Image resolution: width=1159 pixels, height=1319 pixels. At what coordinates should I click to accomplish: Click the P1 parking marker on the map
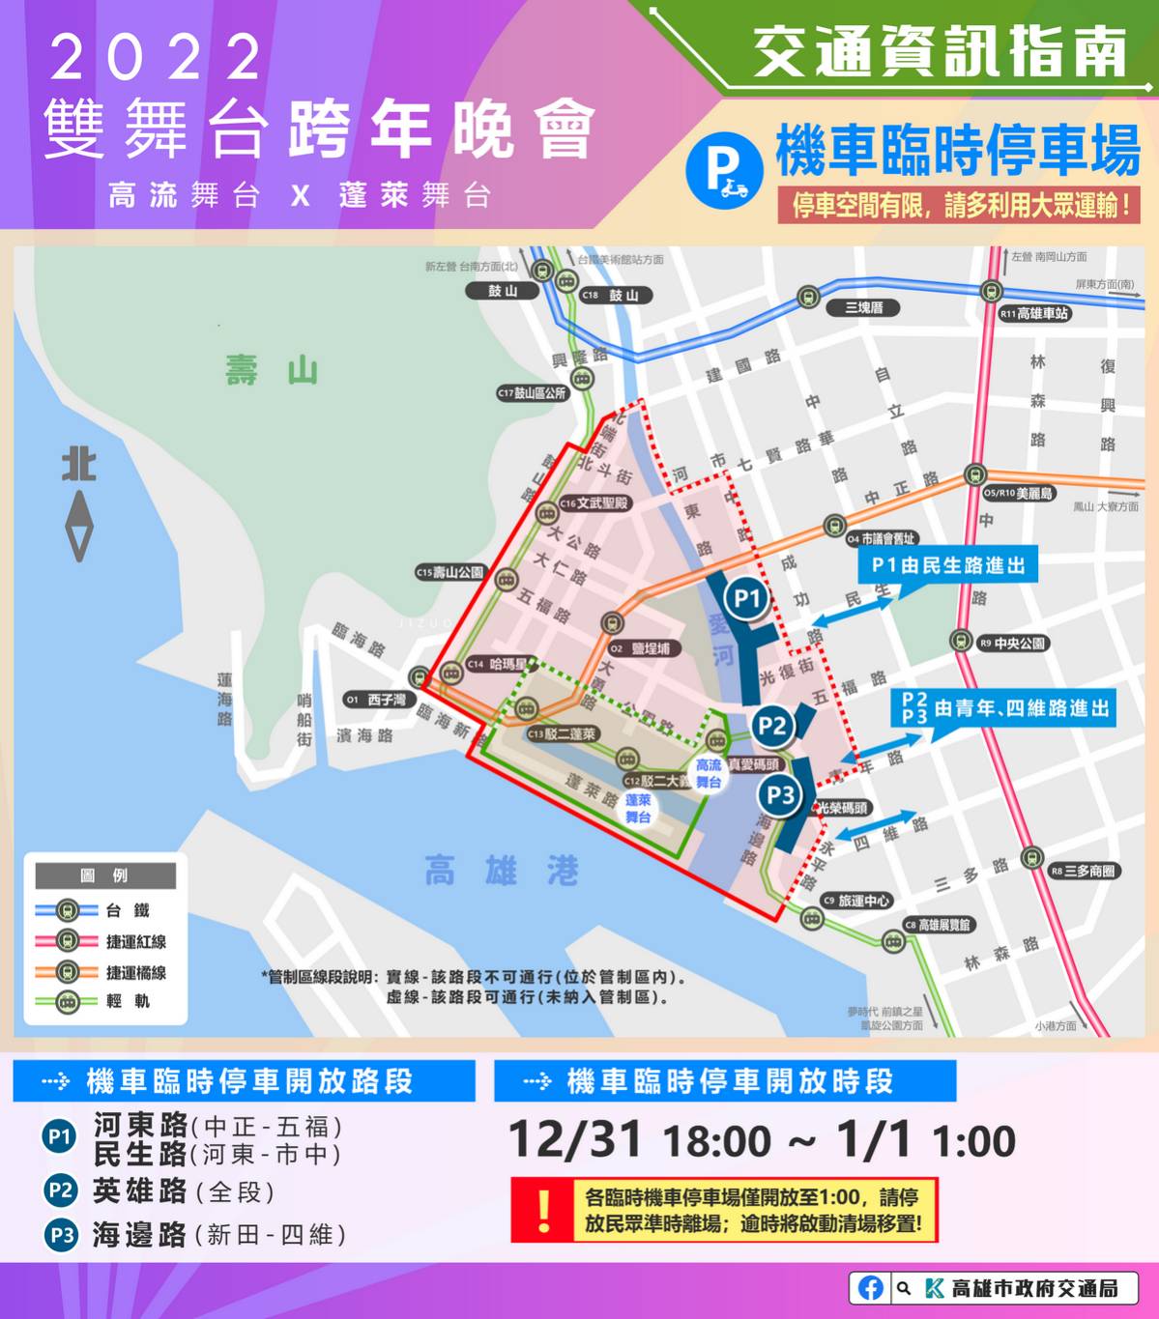745,598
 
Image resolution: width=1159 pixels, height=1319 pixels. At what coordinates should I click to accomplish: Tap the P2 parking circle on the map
770,725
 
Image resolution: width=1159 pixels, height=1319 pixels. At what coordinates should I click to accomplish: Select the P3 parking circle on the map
779,795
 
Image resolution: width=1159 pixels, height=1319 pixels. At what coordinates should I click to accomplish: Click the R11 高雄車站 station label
1034,313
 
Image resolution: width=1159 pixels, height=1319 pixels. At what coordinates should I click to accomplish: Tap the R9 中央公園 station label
1012,643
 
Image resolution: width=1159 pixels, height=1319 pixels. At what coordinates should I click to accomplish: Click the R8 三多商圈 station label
1083,871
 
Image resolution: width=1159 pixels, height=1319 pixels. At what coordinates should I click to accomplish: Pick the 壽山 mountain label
272,370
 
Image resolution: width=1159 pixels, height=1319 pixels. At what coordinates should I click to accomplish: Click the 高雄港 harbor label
501,871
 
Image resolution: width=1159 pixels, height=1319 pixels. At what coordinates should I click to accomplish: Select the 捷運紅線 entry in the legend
135,941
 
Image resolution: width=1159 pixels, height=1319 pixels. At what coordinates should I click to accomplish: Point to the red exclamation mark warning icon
543,1210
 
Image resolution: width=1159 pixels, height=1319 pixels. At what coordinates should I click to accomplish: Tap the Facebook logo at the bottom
869,1288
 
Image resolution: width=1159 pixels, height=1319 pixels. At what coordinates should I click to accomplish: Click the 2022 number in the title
155,58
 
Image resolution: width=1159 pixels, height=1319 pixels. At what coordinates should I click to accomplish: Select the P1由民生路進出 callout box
947,565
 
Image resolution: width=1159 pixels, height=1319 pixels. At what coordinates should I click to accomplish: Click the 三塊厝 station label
863,307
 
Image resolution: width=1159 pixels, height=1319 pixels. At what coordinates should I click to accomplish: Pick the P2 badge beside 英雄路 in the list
60,1190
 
